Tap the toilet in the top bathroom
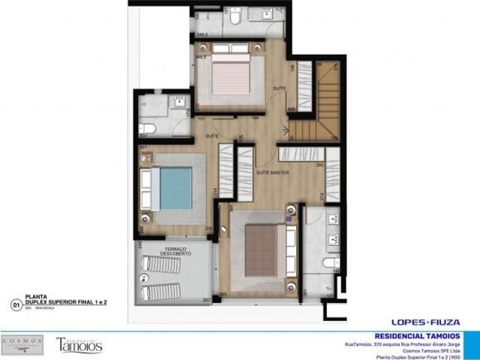(x=234, y=19)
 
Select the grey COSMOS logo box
(x=23, y=345)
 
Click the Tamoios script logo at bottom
(x=79, y=346)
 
